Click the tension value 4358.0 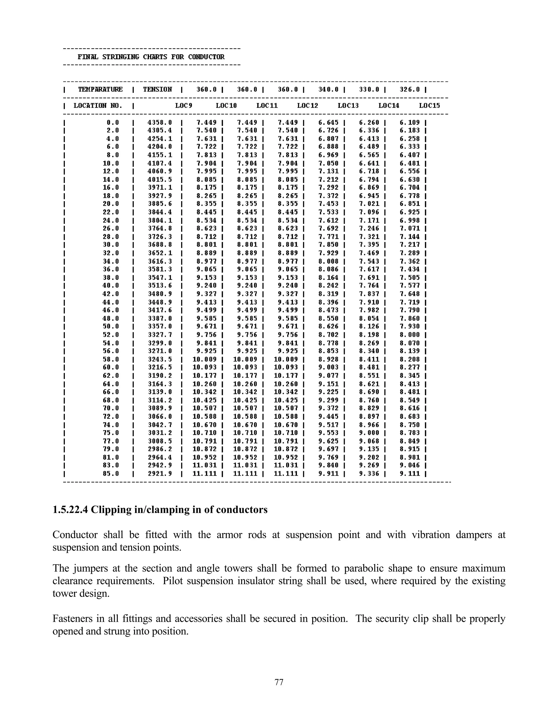pos(160,123)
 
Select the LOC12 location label pos(307,106)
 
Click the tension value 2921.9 pos(160,474)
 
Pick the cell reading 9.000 pos(369,433)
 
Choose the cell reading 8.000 pos(410,335)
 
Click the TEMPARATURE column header pos(100,90)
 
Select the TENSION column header pos(157,90)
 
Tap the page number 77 pos(279,682)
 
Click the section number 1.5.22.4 pos(70,510)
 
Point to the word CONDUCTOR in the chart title pos(206,57)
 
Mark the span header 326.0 pos(410,90)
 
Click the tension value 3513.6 pos(160,286)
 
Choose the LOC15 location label pos(429,106)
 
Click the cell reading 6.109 pos(410,123)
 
